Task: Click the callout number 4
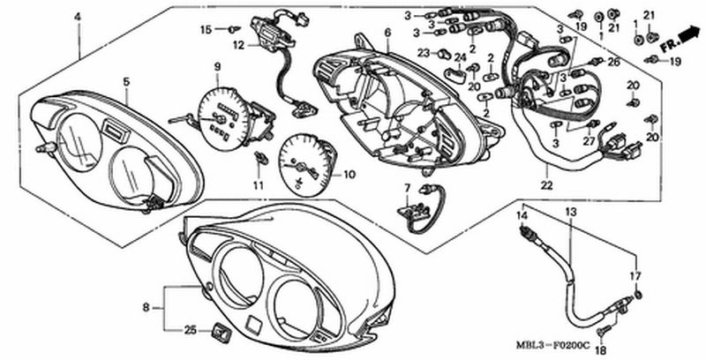pyautogui.click(x=78, y=17)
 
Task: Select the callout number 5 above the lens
pyautogui.click(x=126, y=82)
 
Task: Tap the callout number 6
pyautogui.click(x=388, y=33)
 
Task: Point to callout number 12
pyautogui.click(x=238, y=45)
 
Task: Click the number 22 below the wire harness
pyautogui.click(x=547, y=184)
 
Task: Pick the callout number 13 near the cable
pyautogui.click(x=570, y=212)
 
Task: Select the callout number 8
pyautogui.click(x=146, y=308)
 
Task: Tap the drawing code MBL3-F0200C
pyautogui.click(x=553, y=346)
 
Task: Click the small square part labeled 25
pyautogui.click(x=220, y=333)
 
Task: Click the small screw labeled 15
pyautogui.click(x=234, y=30)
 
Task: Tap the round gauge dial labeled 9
pyautogui.click(x=224, y=119)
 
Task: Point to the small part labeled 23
pyautogui.click(x=445, y=55)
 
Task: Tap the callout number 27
pyautogui.click(x=590, y=141)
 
